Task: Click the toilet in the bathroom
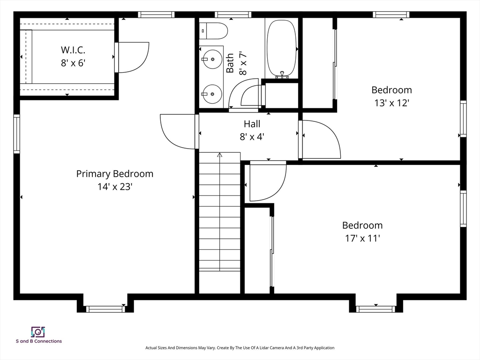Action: [214, 31]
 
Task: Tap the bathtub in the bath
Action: [282, 48]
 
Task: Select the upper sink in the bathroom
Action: [211, 59]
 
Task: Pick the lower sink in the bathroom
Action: [211, 94]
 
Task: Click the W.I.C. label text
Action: [73, 50]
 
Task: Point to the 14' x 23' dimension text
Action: [115, 187]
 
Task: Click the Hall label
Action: [252, 124]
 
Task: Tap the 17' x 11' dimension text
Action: [362, 238]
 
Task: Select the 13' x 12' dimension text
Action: [391, 103]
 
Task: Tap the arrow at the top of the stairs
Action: [219, 155]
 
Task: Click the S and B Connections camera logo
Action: [38, 332]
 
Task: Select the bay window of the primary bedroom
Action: [105, 309]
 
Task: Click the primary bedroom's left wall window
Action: [16, 134]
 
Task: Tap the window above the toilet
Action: [233, 15]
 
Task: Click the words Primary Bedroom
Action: [115, 173]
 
